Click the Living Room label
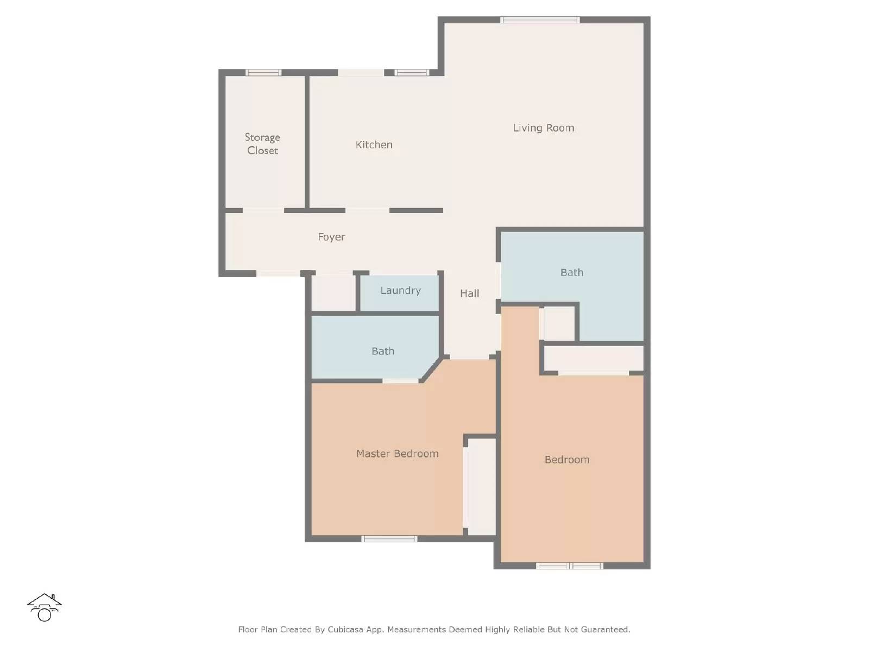[543, 128]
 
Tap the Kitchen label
[374, 145]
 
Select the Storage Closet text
[262, 144]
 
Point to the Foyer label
[331, 237]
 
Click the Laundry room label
[400, 291]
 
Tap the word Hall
[469, 293]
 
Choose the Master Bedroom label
[397, 454]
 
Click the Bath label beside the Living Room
[571, 272]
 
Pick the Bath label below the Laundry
[382, 351]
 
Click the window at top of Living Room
[540, 20]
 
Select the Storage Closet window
[263, 72]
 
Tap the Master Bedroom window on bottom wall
[389, 539]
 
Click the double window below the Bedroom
[569, 566]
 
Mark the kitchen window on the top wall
[412, 72]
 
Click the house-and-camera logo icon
[44, 607]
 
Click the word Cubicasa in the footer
[346, 630]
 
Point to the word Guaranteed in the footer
[605, 630]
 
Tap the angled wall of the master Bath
[431, 369]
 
